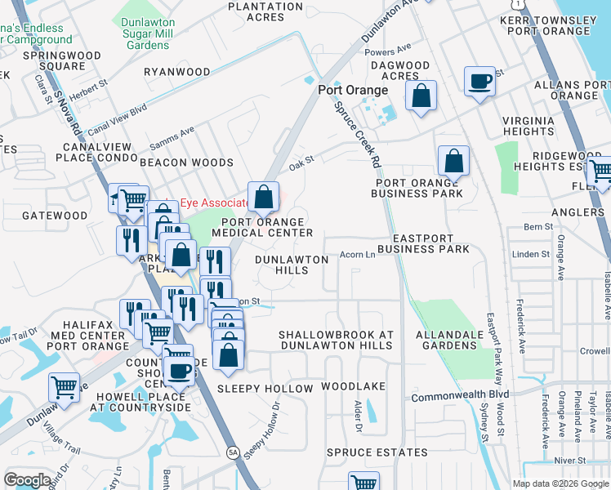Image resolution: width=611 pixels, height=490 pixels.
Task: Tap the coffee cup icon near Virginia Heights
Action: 479,82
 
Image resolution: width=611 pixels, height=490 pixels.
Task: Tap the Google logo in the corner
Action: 28,480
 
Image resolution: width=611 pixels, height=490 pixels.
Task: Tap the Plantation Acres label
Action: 266,11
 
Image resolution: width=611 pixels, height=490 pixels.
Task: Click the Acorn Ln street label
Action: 357,255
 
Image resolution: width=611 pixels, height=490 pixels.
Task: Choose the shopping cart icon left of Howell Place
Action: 64,386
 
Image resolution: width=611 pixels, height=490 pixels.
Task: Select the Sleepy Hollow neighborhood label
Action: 265,389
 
